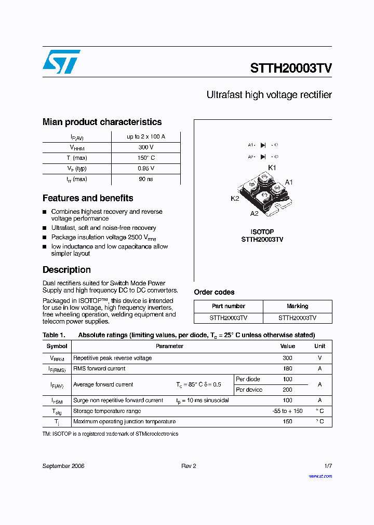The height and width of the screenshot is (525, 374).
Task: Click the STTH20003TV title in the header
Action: click(291, 68)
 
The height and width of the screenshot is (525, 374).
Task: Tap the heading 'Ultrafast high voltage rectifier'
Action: click(269, 95)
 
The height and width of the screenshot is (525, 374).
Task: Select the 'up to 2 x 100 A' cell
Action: click(146, 136)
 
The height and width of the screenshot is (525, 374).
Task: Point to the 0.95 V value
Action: click(146, 169)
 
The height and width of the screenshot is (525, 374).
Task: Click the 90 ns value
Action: click(146, 179)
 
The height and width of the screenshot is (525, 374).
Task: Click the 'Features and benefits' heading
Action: click(88, 198)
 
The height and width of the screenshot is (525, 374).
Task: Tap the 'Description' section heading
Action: click(66, 270)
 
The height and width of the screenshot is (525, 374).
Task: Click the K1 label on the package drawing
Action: click(272, 167)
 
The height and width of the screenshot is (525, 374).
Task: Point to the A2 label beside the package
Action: click(254, 213)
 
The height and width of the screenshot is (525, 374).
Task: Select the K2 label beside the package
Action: click(235, 199)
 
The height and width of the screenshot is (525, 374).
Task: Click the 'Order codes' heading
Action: click(214, 292)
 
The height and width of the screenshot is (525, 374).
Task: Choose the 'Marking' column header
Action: click(297, 306)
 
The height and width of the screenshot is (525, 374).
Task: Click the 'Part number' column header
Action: click(229, 306)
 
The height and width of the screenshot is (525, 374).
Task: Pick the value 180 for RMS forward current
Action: click(287, 369)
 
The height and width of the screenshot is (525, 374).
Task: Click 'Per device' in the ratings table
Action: click(249, 390)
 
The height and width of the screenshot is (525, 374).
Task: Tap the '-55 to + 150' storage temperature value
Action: click(287, 411)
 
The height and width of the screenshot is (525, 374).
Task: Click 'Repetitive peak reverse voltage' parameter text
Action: click(113, 358)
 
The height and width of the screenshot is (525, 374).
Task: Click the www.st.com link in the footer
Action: click(320, 476)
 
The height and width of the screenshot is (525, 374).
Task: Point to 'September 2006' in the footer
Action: click(63, 466)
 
